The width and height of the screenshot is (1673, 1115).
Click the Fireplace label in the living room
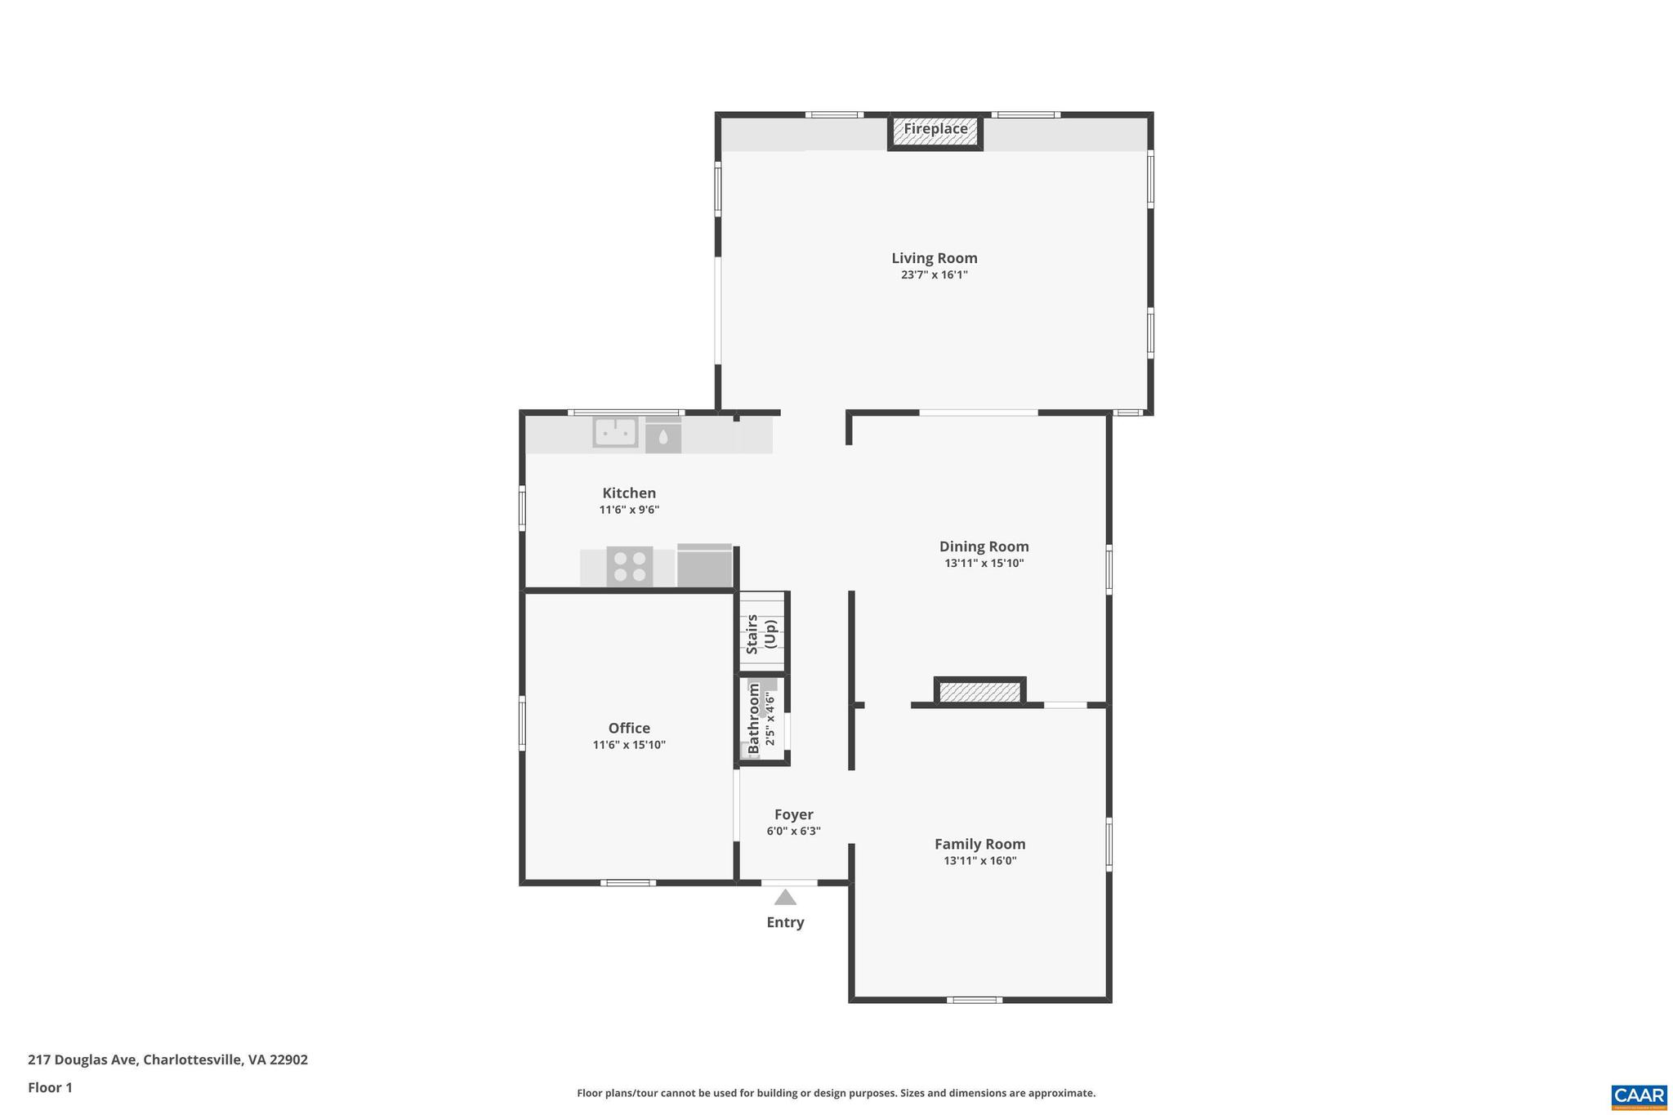pyautogui.click(x=935, y=129)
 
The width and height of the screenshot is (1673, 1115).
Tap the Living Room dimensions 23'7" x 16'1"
pyautogui.click(x=934, y=275)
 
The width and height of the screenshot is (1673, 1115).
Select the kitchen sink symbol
pyautogui.click(x=615, y=432)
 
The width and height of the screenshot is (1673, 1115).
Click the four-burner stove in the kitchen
pyautogui.click(x=629, y=566)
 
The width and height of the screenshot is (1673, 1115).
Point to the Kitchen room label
pyautogui.click(x=629, y=493)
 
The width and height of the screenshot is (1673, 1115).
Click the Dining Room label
pyautogui.click(x=984, y=546)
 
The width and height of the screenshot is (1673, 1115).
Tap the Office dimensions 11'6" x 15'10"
pyautogui.click(x=629, y=745)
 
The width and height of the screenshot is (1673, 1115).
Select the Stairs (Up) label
pyautogui.click(x=761, y=634)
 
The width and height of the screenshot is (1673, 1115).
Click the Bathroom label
pyautogui.click(x=753, y=719)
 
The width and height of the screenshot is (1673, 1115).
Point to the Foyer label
pyautogui.click(x=793, y=814)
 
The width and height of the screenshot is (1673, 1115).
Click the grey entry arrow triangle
pyautogui.click(x=785, y=898)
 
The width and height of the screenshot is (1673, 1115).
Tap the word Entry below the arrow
pyautogui.click(x=785, y=922)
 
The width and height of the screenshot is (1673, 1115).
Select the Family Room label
pyautogui.click(x=979, y=844)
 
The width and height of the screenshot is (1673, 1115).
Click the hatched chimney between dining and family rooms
pyautogui.click(x=979, y=692)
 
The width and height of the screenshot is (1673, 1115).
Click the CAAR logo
pyautogui.click(x=1639, y=1096)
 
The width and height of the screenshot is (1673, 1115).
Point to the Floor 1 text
pyautogui.click(x=50, y=1087)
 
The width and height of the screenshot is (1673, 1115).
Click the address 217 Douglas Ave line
pyautogui.click(x=167, y=1059)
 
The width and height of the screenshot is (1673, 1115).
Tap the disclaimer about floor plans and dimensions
pyautogui.click(x=836, y=1093)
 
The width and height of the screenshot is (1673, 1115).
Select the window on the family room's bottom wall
pyautogui.click(x=974, y=1000)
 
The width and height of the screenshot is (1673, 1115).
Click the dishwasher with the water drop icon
pyautogui.click(x=663, y=437)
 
